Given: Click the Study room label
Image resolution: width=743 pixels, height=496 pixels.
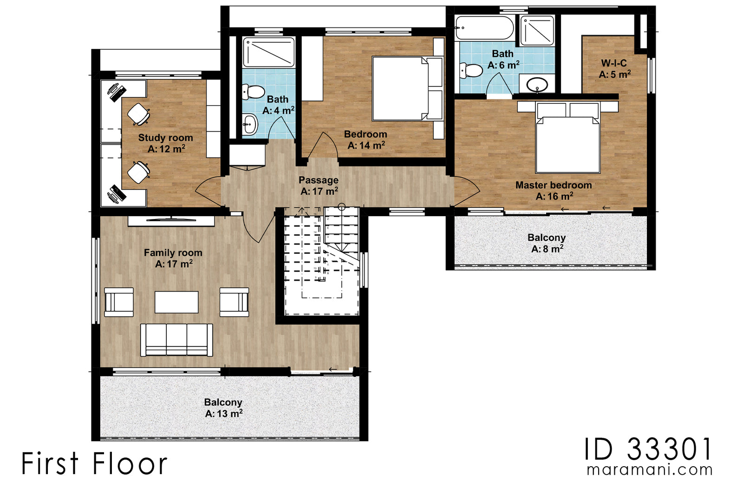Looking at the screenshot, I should pyautogui.click(x=165, y=138).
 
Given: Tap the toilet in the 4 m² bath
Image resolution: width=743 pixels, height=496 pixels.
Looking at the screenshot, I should pyautogui.click(x=253, y=92).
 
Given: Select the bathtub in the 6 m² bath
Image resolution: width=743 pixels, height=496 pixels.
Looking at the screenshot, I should pyautogui.click(x=484, y=28).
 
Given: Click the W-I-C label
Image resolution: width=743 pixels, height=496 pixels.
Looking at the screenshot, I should pyautogui.click(x=614, y=63).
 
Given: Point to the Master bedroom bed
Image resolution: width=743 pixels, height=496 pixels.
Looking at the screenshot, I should pyautogui.click(x=567, y=142).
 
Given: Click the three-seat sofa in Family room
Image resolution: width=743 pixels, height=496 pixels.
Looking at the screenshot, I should pyautogui.click(x=176, y=340).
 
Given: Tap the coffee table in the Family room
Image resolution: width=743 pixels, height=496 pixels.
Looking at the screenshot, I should pyautogui.click(x=176, y=302).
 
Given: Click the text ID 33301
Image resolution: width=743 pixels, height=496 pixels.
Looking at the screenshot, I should pyautogui.click(x=648, y=450).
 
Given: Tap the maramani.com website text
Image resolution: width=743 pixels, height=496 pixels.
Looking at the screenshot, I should pyautogui.click(x=649, y=470).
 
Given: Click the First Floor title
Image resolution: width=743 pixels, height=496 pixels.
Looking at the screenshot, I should pyautogui.click(x=94, y=464).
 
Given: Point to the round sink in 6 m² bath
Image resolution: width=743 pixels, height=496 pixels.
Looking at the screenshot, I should pyautogui.click(x=537, y=85).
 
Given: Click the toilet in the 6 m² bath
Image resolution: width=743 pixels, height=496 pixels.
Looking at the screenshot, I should pyautogui.click(x=471, y=71).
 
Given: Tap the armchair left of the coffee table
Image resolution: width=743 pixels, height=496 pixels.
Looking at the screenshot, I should pyautogui.click(x=119, y=302).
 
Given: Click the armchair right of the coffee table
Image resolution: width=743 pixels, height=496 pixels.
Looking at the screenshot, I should pyautogui.click(x=234, y=302).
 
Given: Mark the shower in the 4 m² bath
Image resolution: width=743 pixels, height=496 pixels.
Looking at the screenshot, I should pyautogui.click(x=269, y=52).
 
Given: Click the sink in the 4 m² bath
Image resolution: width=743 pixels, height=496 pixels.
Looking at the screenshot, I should pyautogui.click(x=250, y=125).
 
